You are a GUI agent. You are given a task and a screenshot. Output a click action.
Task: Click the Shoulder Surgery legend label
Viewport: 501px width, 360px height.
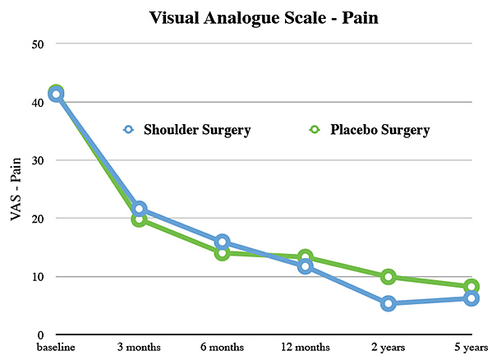coord(197,130)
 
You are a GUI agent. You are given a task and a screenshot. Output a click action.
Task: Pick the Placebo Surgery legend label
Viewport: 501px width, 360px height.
coord(381,130)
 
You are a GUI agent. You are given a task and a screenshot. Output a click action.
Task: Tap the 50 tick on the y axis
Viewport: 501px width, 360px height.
coord(37,44)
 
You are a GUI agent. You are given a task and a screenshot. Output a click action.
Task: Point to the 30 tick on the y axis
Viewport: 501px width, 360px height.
coord(37,160)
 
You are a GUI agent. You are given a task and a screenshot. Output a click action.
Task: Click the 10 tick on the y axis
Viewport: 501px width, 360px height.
coord(37,277)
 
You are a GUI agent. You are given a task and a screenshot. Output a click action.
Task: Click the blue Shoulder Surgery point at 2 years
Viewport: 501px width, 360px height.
coord(388,303)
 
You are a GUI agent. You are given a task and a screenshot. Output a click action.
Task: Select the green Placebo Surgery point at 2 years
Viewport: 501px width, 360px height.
coord(388,277)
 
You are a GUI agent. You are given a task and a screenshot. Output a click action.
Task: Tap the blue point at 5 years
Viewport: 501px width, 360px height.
coord(471,298)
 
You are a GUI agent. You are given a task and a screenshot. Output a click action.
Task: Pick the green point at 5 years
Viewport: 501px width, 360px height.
coord(471,287)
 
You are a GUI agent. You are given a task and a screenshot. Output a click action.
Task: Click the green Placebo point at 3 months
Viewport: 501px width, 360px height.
coord(139,219)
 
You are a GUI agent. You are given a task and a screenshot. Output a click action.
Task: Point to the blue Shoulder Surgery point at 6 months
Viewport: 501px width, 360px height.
coord(222,242)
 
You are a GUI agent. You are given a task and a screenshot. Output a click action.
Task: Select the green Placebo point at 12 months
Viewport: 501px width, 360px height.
coord(306,257)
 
